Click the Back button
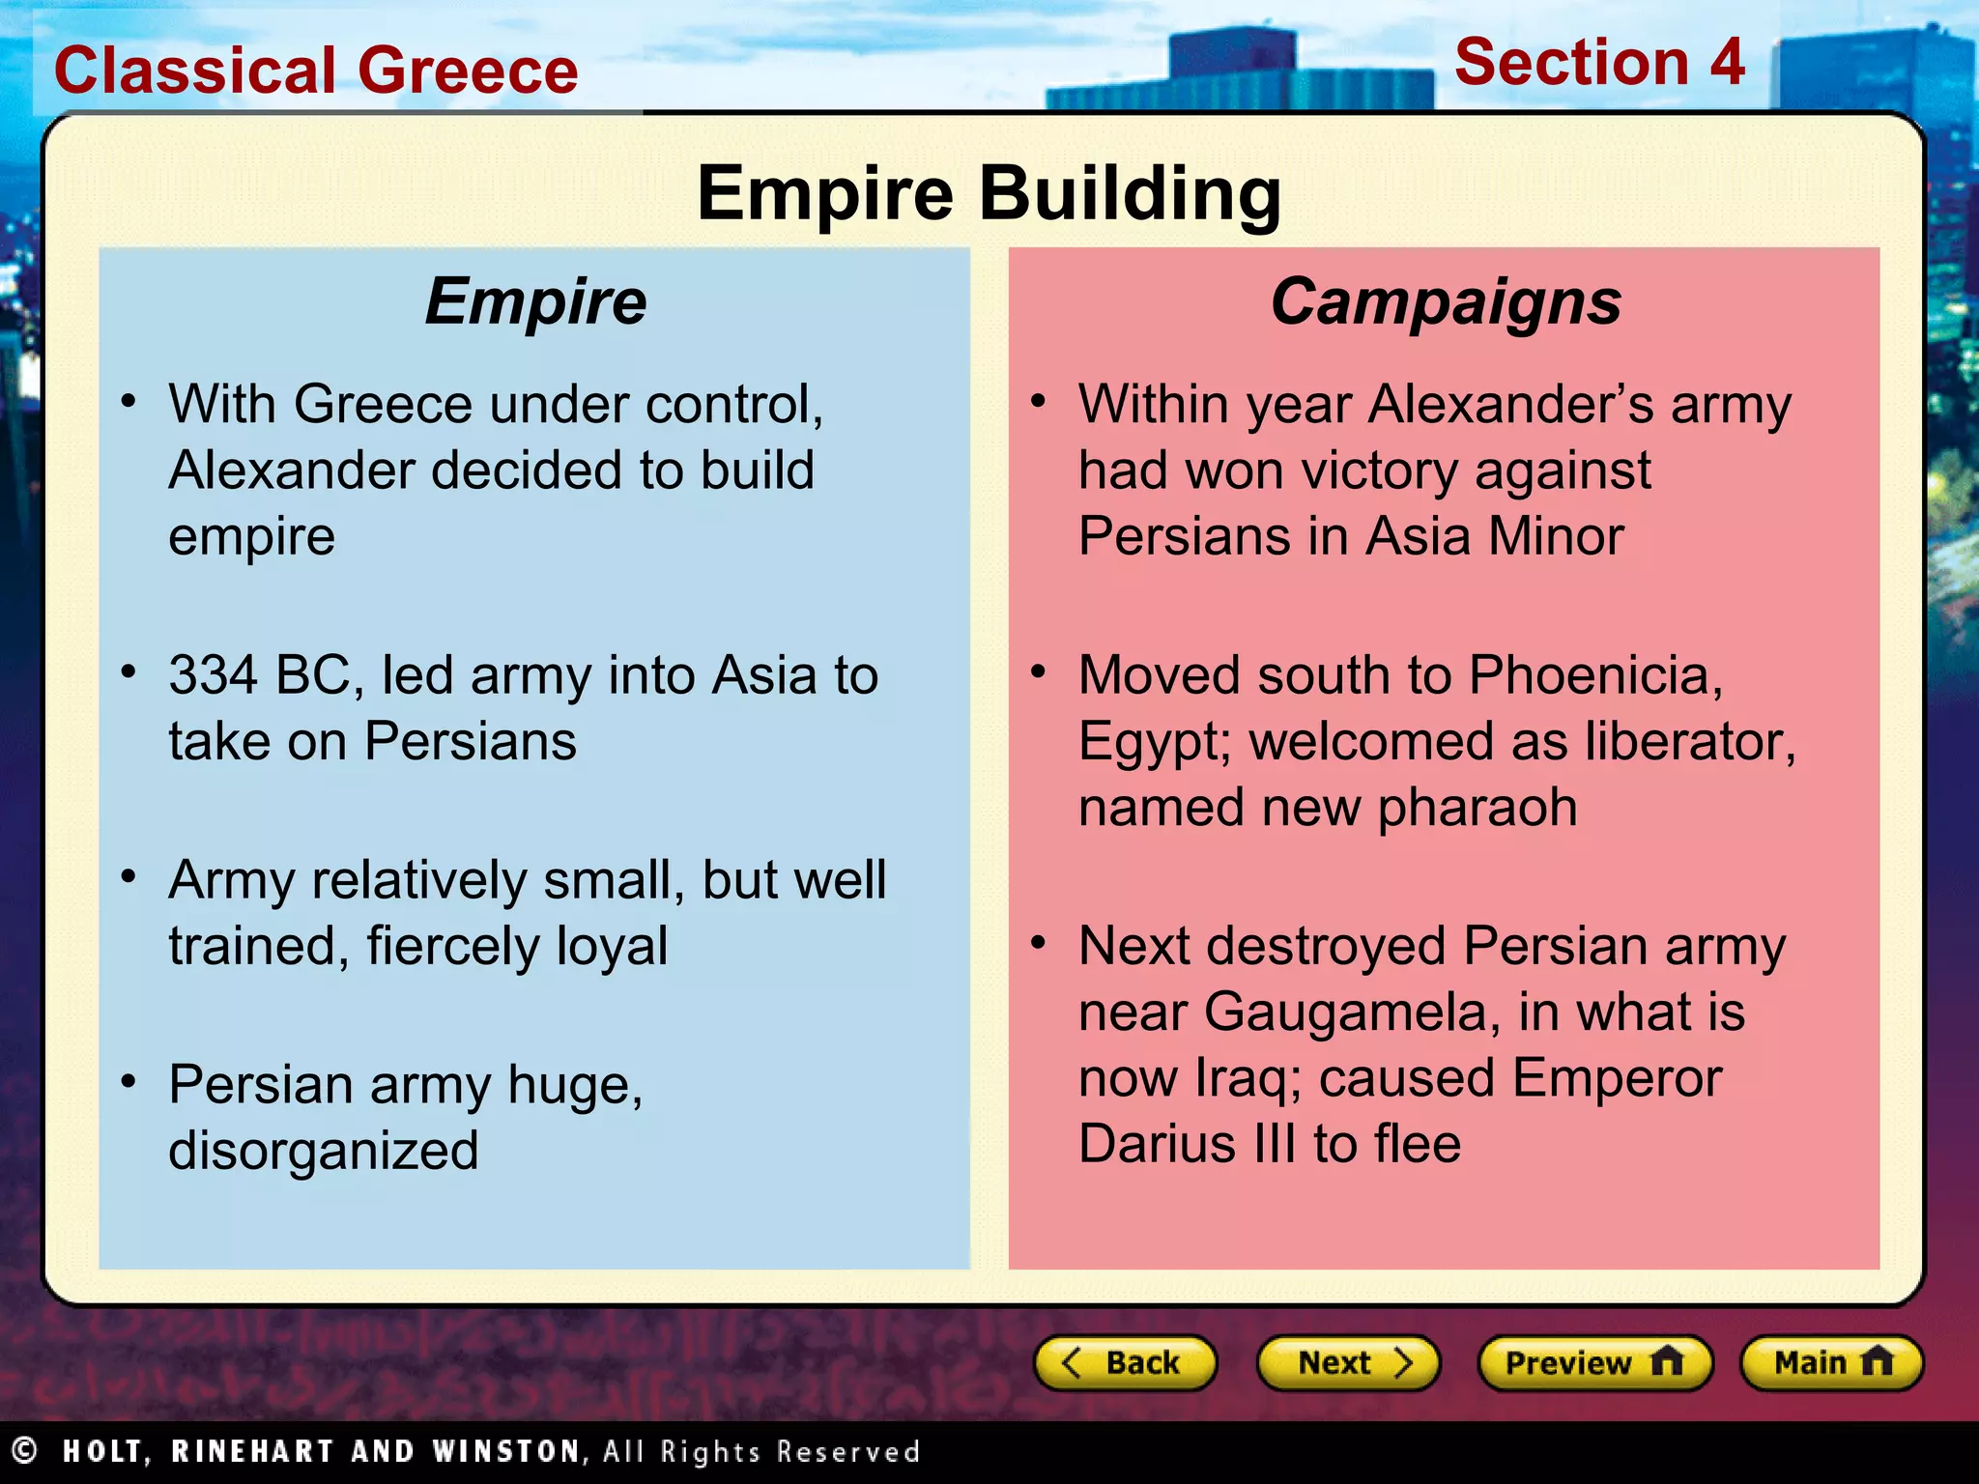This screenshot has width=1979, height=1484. tap(1125, 1363)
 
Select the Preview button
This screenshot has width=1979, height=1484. tap(1594, 1363)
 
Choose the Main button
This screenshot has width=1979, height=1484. tap(1831, 1363)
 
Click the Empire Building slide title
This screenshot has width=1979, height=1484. tap(989, 193)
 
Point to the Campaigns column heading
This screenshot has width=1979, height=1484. tap(1446, 301)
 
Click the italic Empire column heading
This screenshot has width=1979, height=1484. tap(535, 301)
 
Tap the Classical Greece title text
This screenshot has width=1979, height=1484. tap(316, 71)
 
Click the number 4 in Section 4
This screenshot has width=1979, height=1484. tap(1726, 62)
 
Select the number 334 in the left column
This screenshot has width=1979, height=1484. tap(214, 674)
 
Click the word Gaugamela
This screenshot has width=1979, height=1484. tap(1352, 1013)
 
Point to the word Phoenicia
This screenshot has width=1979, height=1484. tap(1594, 674)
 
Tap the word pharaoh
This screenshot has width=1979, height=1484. tap(1477, 807)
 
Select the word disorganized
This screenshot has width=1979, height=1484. tap(324, 1151)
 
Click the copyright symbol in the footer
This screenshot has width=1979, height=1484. tap(24, 1450)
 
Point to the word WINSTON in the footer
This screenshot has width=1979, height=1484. tap(508, 1451)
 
